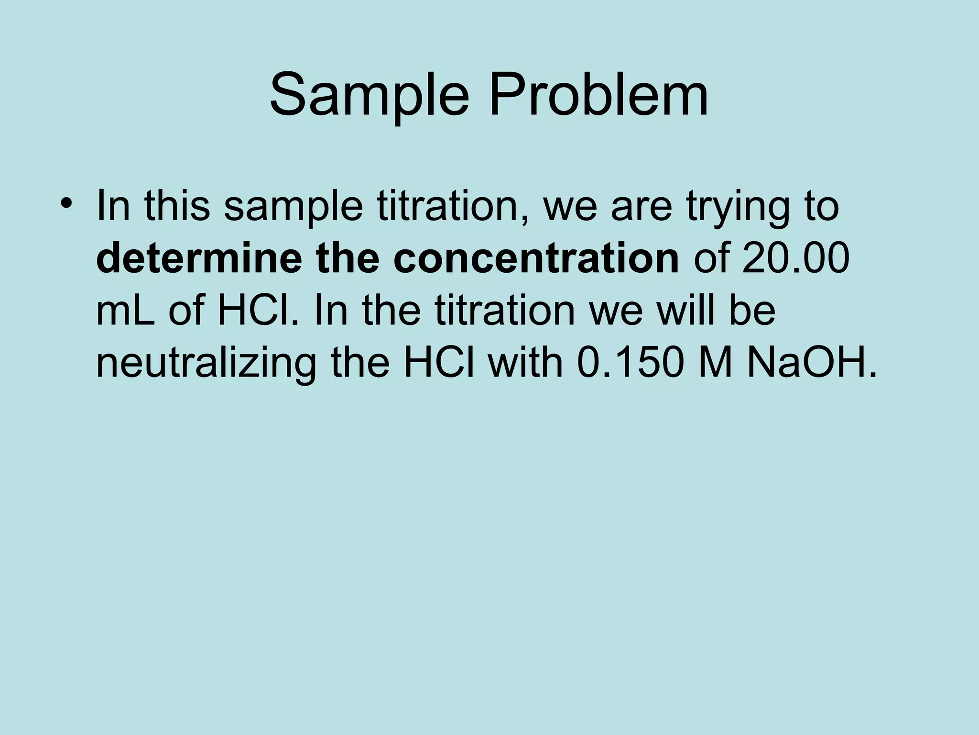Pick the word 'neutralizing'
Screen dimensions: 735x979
pyautogui.click(x=206, y=364)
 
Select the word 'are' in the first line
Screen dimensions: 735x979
pyautogui.click(x=640, y=207)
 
